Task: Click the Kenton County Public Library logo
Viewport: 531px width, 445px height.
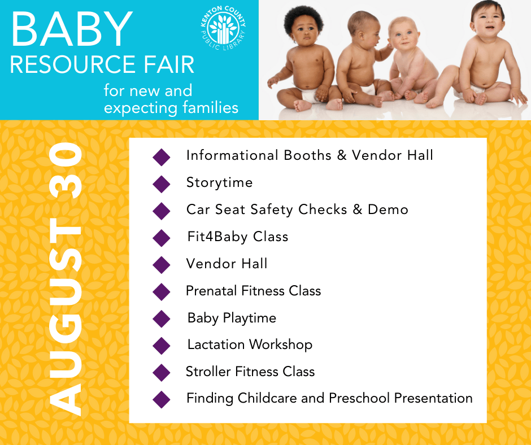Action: click(223, 28)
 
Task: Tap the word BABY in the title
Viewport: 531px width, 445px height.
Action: click(72, 29)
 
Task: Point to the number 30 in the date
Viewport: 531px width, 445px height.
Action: click(66, 171)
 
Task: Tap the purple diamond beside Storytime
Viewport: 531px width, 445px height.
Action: click(162, 184)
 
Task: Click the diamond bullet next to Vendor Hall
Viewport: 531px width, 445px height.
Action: click(162, 265)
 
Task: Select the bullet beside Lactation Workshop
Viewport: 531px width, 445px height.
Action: click(162, 346)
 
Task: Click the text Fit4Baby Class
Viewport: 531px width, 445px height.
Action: click(238, 237)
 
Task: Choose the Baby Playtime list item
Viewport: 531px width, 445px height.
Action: click(232, 318)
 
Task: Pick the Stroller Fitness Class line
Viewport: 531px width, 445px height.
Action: click(250, 372)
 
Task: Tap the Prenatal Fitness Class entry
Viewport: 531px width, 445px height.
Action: click(253, 291)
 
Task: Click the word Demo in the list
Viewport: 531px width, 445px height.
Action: click(388, 210)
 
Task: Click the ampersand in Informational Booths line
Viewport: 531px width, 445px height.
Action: click(342, 155)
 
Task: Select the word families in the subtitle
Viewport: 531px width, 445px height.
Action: click(211, 108)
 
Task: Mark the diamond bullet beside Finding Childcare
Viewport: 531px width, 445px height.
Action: click(162, 400)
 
